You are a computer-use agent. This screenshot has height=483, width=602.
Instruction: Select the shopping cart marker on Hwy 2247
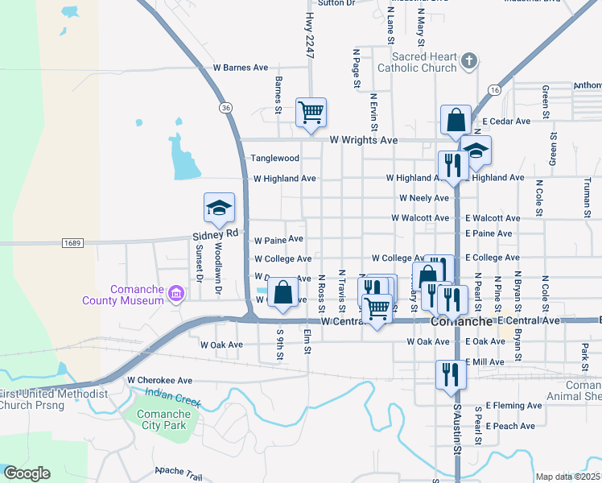tap(311, 113)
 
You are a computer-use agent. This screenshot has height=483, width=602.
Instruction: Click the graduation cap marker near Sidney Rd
tap(219, 208)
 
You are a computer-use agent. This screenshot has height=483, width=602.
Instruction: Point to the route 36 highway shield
tap(225, 107)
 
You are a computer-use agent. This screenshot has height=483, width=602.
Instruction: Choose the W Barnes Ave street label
tap(240, 68)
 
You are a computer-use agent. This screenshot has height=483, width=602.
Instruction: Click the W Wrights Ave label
tap(364, 140)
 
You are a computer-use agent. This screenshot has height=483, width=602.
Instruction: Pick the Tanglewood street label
tap(275, 159)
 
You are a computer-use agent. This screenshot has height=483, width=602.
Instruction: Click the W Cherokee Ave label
tap(160, 380)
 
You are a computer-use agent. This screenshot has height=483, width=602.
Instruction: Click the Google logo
tap(27, 473)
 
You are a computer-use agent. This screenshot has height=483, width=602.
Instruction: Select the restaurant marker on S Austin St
tap(449, 374)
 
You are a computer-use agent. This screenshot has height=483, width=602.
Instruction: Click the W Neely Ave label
tap(424, 198)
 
